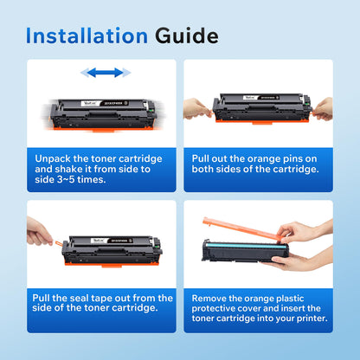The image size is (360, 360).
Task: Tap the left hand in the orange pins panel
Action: [x=197, y=107]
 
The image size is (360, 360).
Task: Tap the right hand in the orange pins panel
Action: [x=322, y=108]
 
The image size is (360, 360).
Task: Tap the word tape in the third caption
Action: [x=121, y=297]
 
